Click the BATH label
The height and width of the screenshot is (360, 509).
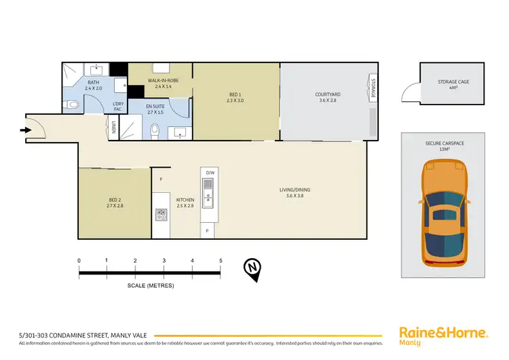click(x=93, y=85)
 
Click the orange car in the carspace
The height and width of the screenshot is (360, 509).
click(x=445, y=213)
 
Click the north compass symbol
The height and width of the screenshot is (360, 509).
click(x=252, y=269)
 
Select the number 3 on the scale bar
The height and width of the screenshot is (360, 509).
click(x=164, y=260)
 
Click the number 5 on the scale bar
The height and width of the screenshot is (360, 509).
click(x=220, y=260)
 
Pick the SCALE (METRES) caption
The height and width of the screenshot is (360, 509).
click(x=150, y=285)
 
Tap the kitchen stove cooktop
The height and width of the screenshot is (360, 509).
click(x=162, y=214)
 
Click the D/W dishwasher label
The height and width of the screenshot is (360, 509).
click(x=210, y=173)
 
